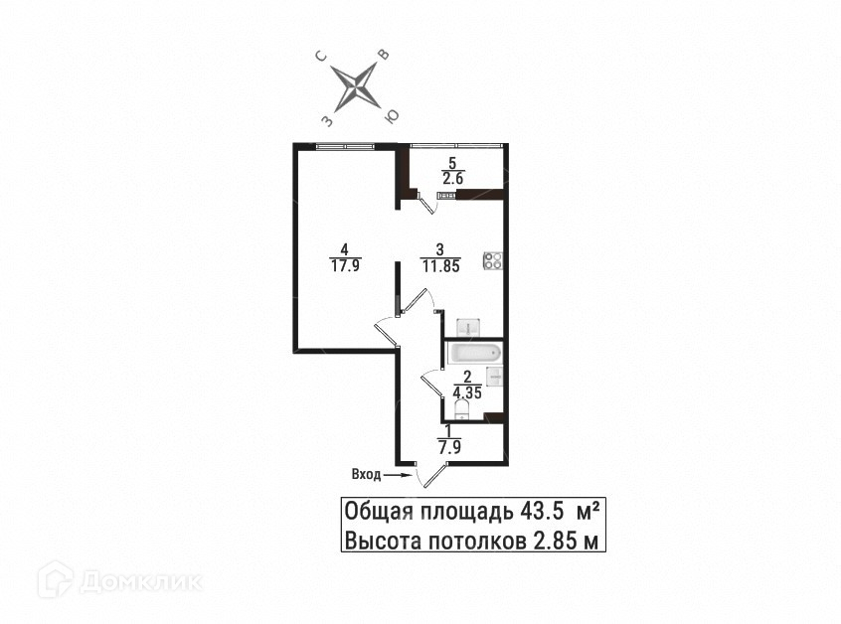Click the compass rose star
[x=359, y=87]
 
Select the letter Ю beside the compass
[x=393, y=116]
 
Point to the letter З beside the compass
[x=326, y=119]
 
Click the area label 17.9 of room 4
[x=343, y=264]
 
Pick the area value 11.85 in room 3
[x=439, y=265]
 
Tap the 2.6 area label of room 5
[x=453, y=179]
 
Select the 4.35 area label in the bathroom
[x=467, y=391]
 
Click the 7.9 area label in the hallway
[x=449, y=447]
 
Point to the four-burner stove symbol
[x=493, y=260]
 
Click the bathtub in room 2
[x=475, y=353]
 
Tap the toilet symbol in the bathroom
[x=463, y=410]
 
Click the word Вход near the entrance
[x=366, y=475]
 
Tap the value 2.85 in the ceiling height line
[x=555, y=541]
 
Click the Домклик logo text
[x=140, y=580]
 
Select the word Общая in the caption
[x=379, y=512]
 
